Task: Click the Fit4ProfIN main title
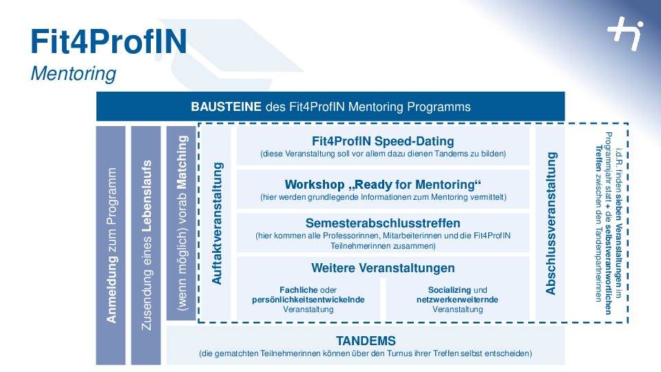point(109,41)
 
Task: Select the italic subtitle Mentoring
point(74,74)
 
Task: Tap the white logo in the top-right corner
point(626,33)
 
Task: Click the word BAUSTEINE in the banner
point(226,107)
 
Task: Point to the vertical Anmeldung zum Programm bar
point(111,245)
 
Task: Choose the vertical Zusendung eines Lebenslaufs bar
point(146,245)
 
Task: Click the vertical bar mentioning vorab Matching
point(181,223)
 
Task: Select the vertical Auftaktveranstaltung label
point(217,223)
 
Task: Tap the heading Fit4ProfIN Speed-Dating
point(383,141)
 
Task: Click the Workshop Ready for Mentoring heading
point(383,185)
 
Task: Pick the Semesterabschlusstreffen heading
point(383,223)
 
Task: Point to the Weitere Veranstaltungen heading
point(383,268)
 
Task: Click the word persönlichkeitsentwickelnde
point(308,300)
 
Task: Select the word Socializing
point(449,290)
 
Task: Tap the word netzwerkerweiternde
point(457,300)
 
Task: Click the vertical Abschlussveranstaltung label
point(551,223)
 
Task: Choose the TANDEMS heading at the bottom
point(366,341)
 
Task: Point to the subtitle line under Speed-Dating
point(383,154)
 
